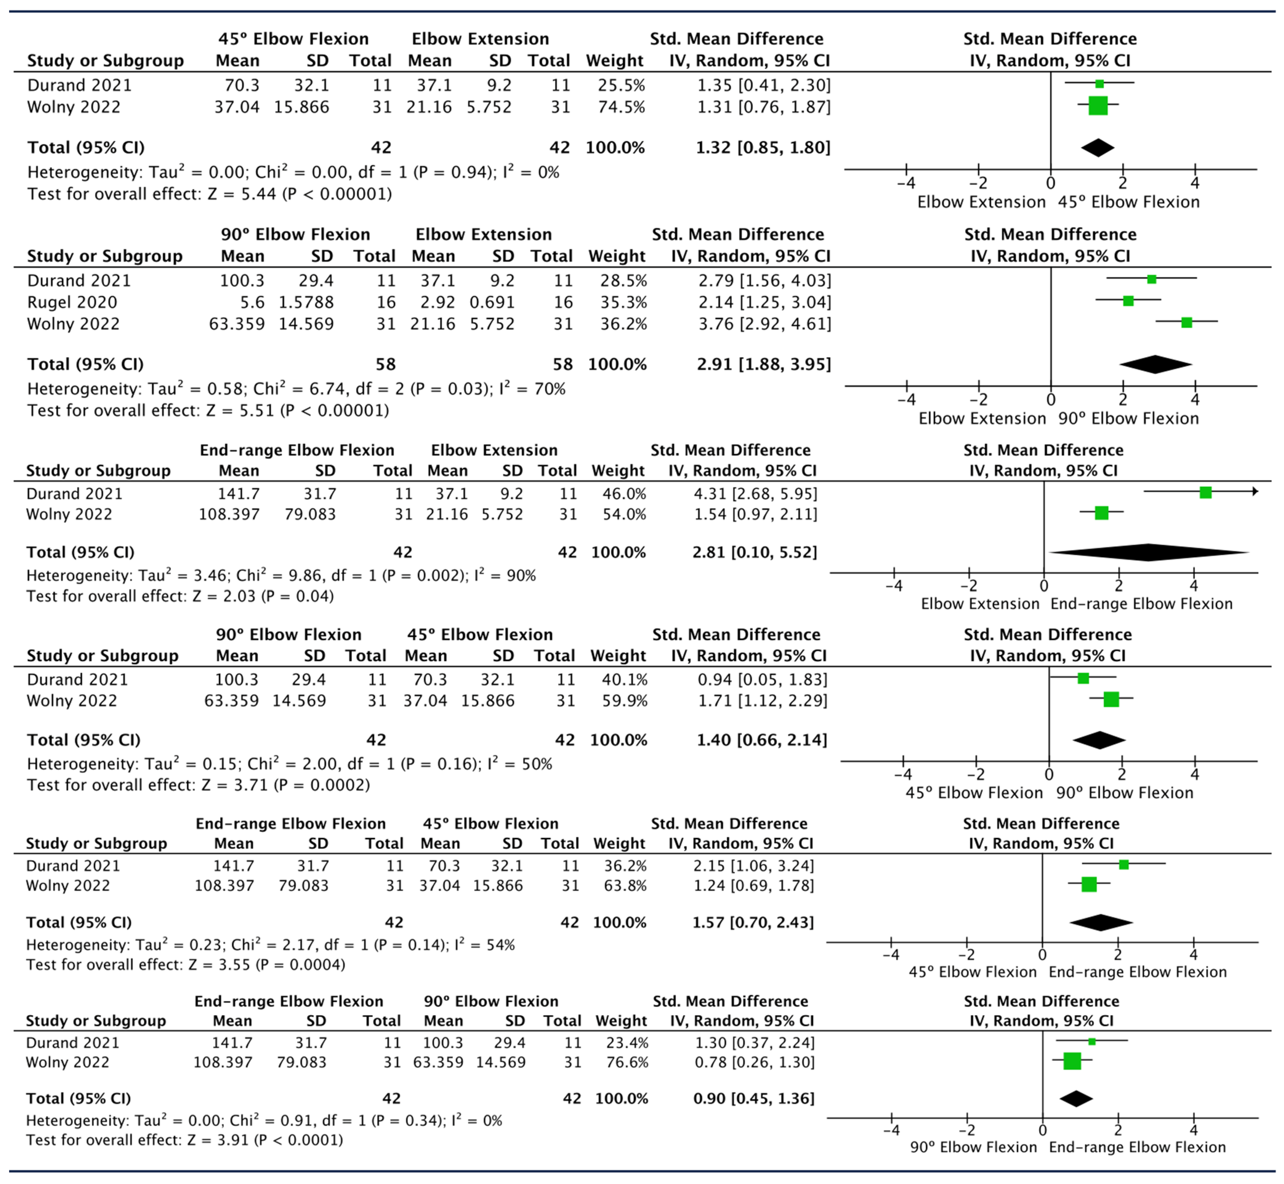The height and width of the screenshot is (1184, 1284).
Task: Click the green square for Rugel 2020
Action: [x=1128, y=301]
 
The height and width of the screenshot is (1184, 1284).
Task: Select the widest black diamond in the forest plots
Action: [x=1149, y=552]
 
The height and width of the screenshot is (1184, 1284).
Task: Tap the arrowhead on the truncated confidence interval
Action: [x=1255, y=491]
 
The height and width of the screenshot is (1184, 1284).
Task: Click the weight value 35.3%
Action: [x=624, y=302]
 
